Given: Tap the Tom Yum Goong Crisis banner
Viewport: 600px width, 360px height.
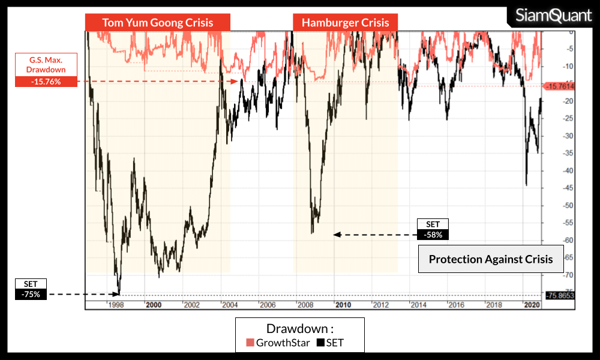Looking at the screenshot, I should click(x=157, y=23).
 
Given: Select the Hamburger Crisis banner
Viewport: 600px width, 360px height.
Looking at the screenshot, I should click(x=345, y=23).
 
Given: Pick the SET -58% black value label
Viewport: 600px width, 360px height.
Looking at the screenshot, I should click(x=433, y=235).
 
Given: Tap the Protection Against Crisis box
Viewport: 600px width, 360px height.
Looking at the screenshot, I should click(x=491, y=259).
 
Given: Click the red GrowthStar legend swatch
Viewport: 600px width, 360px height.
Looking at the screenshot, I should click(x=250, y=343).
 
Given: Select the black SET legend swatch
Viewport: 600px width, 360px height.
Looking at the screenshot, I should click(x=320, y=343).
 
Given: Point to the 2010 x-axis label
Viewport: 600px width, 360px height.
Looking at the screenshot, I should click(x=343, y=305).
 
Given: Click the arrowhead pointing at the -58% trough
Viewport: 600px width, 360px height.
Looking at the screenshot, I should click(x=337, y=235).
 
